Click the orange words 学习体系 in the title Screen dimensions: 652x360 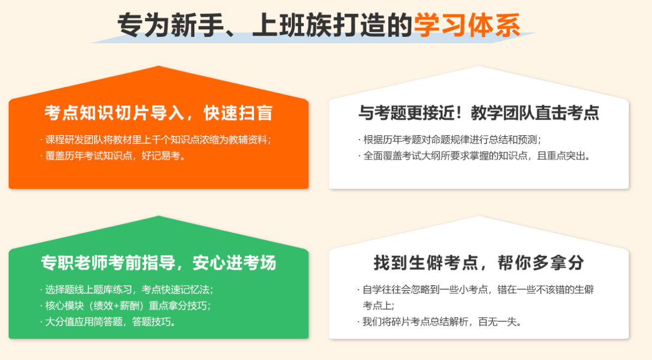467,25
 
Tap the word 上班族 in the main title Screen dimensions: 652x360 292,25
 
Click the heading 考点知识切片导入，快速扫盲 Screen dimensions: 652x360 159,113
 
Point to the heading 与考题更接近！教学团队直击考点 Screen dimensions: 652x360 479,113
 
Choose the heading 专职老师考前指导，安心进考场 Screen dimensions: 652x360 159,263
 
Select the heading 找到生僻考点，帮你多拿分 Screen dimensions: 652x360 479,263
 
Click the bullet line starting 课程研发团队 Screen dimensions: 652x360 156,140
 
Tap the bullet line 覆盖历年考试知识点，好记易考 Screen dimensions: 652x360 113,156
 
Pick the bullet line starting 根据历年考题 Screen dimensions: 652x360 450,140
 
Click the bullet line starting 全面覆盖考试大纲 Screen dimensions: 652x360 474,156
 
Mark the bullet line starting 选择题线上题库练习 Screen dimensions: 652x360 127,290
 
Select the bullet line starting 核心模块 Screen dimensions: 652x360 126,305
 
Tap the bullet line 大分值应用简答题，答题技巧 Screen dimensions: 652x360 108,322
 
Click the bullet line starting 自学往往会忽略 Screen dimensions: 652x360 475,297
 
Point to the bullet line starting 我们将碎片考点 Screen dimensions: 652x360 440,322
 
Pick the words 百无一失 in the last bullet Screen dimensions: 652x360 498,322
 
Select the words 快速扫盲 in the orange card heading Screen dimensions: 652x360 238,113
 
